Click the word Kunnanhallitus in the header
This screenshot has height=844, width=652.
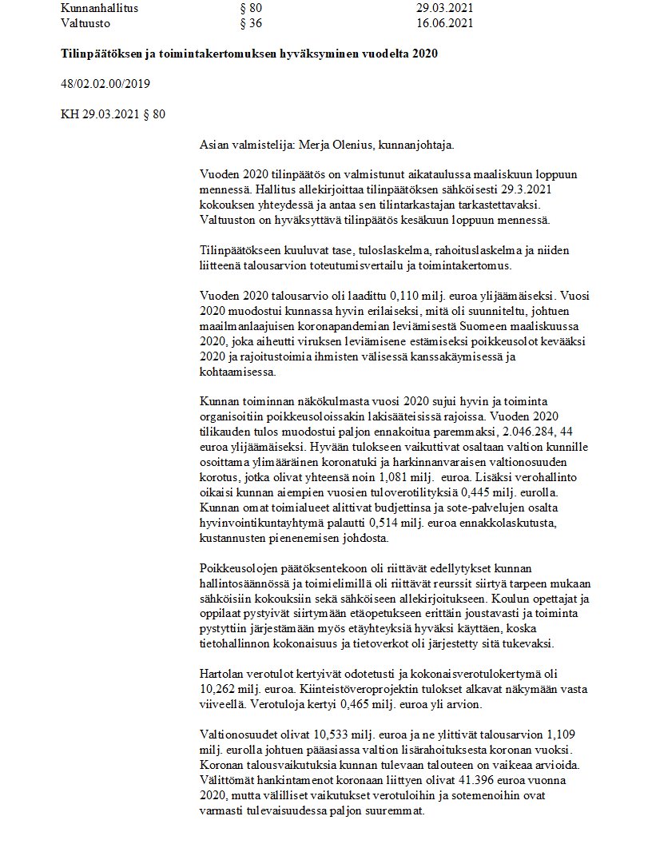click(x=99, y=8)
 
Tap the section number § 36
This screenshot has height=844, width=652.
click(x=251, y=23)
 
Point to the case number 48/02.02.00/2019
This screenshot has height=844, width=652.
click(x=105, y=84)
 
